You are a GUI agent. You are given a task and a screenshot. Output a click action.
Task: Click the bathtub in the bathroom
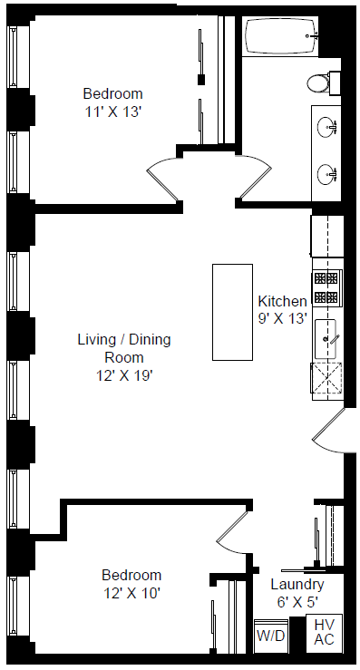[281, 36]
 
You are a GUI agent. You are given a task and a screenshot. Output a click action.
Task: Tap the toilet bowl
[317, 83]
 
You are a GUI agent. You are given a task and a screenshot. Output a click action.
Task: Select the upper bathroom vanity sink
[327, 127]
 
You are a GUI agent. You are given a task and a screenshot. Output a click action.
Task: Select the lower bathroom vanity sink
[327, 174]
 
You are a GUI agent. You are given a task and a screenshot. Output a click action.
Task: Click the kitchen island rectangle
[232, 312]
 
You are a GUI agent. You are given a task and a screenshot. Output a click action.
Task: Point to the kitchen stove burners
[326, 287]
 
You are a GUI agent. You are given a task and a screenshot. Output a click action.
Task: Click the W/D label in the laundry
[270, 636]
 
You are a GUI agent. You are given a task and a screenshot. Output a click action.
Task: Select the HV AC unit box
[324, 633]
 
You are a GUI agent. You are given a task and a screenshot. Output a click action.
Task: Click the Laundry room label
[297, 585]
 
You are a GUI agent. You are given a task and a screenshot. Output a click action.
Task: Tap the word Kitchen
[282, 301]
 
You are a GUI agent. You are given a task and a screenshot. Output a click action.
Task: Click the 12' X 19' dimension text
[125, 375]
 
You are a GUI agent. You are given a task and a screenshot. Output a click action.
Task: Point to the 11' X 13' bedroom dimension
[112, 112]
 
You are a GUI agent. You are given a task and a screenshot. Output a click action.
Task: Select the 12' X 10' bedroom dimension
[131, 594]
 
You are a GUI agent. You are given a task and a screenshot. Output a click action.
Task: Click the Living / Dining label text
[124, 340]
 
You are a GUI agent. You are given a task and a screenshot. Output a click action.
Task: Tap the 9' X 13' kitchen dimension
[283, 319]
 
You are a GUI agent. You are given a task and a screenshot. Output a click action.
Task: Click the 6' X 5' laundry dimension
[297, 603]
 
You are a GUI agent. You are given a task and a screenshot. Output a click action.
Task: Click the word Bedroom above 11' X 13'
[112, 93]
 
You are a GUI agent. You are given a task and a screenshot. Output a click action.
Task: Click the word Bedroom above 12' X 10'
[131, 575]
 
